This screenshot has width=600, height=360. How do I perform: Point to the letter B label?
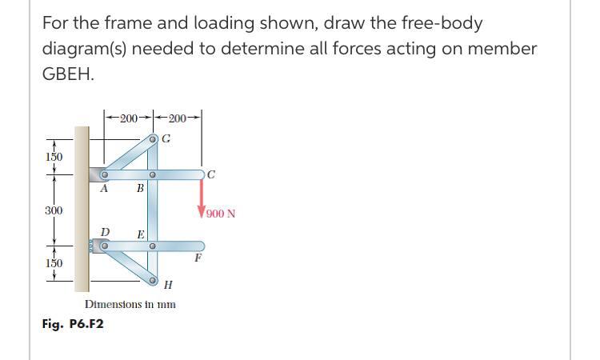pyautogui.click(x=140, y=189)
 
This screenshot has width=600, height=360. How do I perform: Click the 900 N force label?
pyautogui.click(x=220, y=214)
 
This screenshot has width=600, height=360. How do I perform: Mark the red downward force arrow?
pyautogui.click(x=201, y=197)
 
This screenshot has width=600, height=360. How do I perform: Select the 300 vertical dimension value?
pyautogui.click(x=54, y=210)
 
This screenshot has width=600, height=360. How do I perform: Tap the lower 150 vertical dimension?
pyautogui.click(x=54, y=263)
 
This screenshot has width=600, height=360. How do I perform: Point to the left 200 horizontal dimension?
pyautogui.click(x=128, y=118)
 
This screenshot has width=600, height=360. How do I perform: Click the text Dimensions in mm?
pyautogui.click(x=130, y=305)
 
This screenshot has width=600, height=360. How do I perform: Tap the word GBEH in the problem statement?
pyautogui.click(x=69, y=74)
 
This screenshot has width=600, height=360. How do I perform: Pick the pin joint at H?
pyautogui.click(x=152, y=280)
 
